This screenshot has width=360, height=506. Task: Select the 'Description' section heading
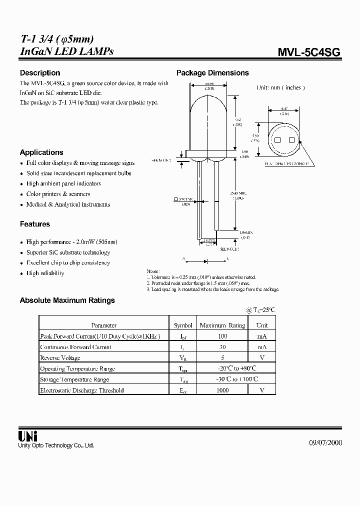pos(40,73)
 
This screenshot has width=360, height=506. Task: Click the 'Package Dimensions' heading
pos(212,73)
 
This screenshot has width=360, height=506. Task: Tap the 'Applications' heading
pos(41,152)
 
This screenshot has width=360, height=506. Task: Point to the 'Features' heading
pos(35,224)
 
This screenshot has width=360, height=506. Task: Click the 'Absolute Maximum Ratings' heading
pos(67,300)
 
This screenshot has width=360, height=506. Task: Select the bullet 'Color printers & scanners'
pos(58,194)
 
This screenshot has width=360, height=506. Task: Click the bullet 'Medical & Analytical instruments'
pos(68,204)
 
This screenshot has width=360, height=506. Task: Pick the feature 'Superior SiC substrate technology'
pos(68,252)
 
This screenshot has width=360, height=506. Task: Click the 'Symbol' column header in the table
pos(183,325)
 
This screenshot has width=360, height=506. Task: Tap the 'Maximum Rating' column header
pos(222,325)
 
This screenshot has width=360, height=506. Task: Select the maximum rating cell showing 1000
pos(222,390)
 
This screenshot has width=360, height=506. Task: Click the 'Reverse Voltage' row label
pos(60,358)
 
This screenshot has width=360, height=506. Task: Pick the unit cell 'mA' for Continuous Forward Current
pos(262,347)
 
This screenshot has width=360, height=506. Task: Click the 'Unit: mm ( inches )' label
pos(280,87)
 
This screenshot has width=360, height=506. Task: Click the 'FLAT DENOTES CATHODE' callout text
pos(287,163)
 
